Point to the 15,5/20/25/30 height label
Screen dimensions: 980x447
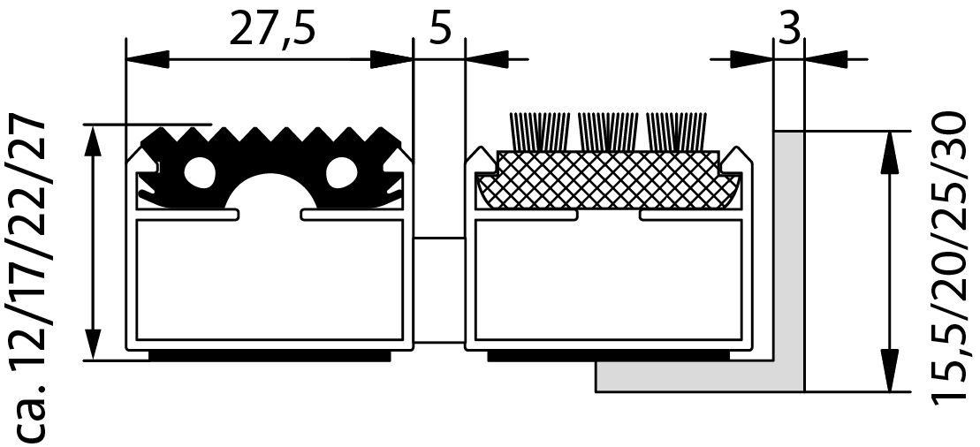click(x=953, y=258)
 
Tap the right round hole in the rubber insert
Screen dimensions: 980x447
click(x=341, y=172)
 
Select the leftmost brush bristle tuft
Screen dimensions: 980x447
click(x=540, y=132)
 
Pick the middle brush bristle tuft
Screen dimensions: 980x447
click(x=608, y=132)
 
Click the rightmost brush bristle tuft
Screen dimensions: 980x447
click(x=676, y=132)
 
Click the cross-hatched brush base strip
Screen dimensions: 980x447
click(x=607, y=180)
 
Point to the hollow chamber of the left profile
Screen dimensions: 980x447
click(x=270, y=279)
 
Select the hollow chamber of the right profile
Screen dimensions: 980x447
click(x=608, y=279)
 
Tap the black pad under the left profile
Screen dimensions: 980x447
click(x=270, y=356)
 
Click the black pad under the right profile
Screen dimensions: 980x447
click(x=608, y=356)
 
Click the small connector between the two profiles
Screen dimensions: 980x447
click(x=439, y=290)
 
